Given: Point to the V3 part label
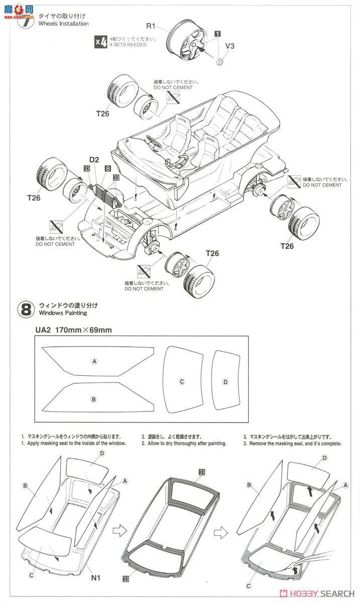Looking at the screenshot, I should [x=229, y=46].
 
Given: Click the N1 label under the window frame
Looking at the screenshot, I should [x=96, y=577].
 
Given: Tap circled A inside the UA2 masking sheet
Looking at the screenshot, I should [x=93, y=361].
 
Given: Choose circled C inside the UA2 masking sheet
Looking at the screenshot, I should [x=182, y=381].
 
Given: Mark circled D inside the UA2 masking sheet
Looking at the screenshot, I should [x=225, y=381].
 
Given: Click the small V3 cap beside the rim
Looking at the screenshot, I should [x=219, y=61].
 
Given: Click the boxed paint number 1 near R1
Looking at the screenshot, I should [x=217, y=34].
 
